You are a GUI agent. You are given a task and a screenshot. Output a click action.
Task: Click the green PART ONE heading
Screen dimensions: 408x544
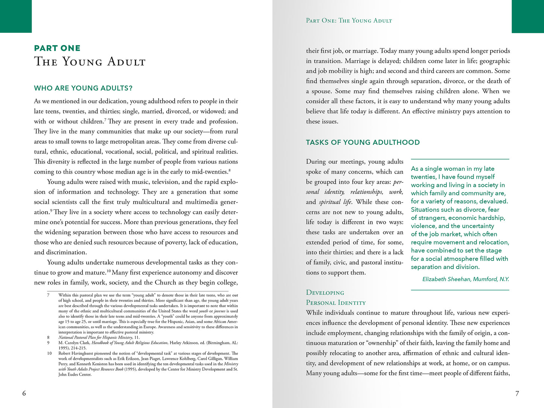57,48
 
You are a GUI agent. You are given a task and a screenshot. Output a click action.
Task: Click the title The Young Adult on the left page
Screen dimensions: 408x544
90,61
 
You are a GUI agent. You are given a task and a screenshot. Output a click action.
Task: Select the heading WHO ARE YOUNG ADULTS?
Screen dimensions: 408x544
83,88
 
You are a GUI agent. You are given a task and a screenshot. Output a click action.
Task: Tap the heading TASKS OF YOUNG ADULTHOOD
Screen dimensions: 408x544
363,142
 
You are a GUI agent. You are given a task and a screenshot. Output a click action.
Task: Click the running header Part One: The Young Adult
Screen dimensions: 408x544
349,21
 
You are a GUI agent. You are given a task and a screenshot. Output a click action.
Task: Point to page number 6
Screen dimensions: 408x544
24,393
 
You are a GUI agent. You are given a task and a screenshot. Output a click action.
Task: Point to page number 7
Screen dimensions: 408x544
517,393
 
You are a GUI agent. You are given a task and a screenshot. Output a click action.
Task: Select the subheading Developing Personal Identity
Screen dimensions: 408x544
336,298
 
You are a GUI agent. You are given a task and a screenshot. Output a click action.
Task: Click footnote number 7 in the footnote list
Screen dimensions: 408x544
48,295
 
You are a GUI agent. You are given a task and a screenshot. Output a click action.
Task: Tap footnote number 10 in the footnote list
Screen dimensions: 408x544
49,353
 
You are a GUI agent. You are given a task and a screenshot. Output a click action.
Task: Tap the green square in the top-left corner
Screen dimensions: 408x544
16,16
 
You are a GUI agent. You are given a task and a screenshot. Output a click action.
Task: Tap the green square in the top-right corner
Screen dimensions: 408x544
528,16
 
